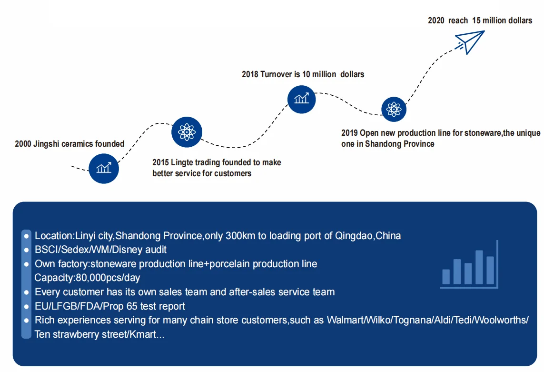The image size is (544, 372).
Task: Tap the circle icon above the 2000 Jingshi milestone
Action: pyautogui.click(x=103, y=168)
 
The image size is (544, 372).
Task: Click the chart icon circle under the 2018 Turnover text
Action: pyautogui.click(x=301, y=99)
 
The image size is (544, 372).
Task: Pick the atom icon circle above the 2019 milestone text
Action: pyautogui.click(x=394, y=109)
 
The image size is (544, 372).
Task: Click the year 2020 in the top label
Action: pyautogui.click(x=436, y=20)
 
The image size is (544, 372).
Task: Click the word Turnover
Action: pyautogui.click(x=276, y=74)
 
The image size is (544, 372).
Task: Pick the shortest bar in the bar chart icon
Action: pyautogui.click(x=446, y=276)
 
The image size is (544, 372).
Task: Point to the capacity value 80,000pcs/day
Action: pyautogui.click(x=108, y=278)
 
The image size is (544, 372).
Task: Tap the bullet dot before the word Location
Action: pyautogui.click(x=27, y=236)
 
